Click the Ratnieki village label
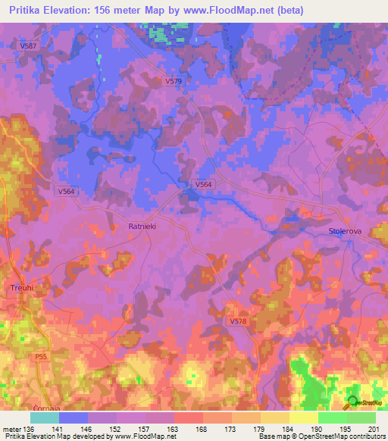coord(142,227)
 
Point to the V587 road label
coord(28,46)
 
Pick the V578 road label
coord(239,321)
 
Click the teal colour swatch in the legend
coord(45,417)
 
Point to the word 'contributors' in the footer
coord(366,436)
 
